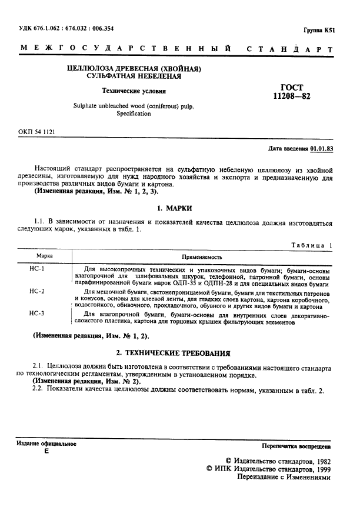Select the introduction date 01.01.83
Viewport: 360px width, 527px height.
pyautogui.click(x=322, y=149)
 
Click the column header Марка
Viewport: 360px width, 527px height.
pyautogui.click(x=45, y=257)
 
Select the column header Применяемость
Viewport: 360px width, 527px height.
pyautogui.click(x=201, y=257)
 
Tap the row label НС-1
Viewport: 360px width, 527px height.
pyautogui.click(x=37, y=268)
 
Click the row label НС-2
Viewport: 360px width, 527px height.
pyautogui.click(x=37, y=292)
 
